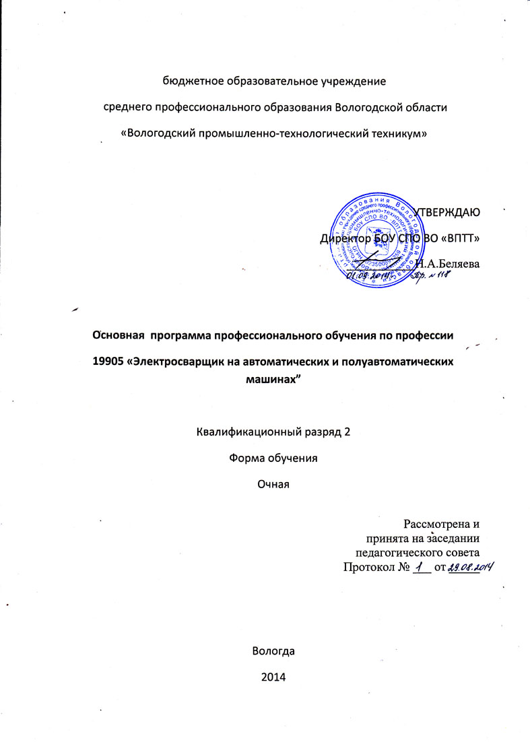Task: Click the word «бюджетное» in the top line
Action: [x=191, y=81]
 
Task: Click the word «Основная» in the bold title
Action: [x=119, y=335]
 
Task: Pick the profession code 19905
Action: [x=108, y=362]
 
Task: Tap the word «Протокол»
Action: [x=369, y=568]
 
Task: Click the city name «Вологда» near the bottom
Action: [x=273, y=651]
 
